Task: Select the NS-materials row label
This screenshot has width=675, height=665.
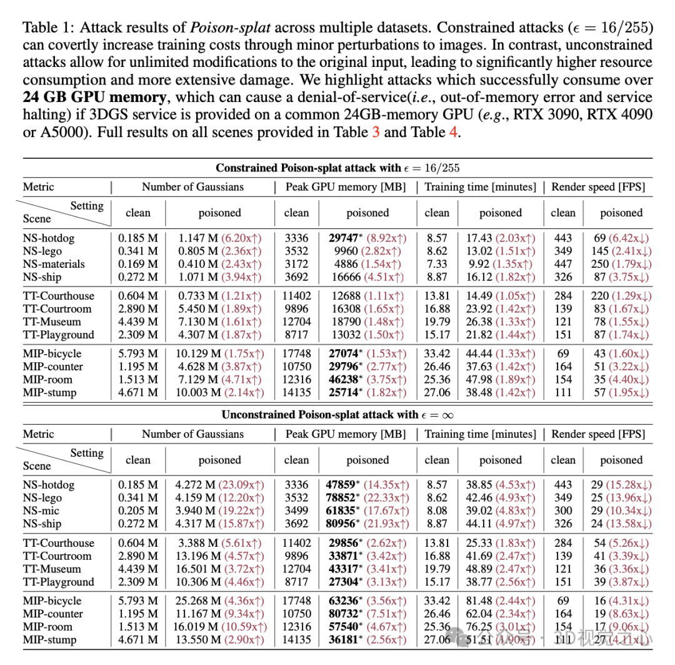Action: click(54, 264)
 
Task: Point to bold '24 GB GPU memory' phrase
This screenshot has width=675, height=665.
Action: click(95, 98)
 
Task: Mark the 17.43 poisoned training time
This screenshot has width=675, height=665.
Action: click(479, 238)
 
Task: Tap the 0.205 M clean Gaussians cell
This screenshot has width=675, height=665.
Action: click(138, 511)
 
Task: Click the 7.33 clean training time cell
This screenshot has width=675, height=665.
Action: click(437, 264)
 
